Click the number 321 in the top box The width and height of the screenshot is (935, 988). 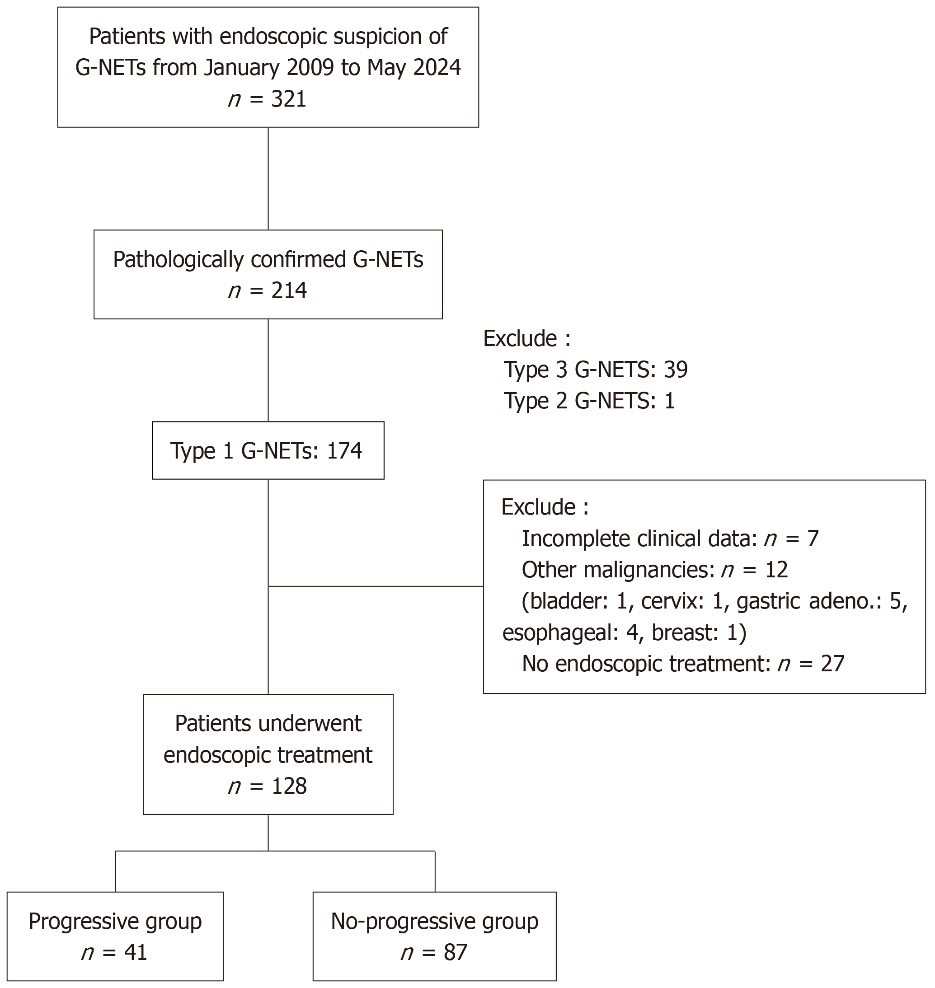(289, 98)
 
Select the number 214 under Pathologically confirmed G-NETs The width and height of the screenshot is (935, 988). (289, 290)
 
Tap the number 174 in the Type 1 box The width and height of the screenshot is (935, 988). (344, 450)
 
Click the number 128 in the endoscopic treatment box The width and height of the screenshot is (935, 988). (289, 786)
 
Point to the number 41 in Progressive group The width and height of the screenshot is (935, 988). (135, 952)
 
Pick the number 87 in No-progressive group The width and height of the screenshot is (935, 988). (455, 952)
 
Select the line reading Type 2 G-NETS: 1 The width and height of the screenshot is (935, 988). (589, 401)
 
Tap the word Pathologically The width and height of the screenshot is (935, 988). (179, 260)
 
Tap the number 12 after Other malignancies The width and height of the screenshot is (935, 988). (776, 570)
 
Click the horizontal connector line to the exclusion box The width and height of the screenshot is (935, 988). (376, 586)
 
